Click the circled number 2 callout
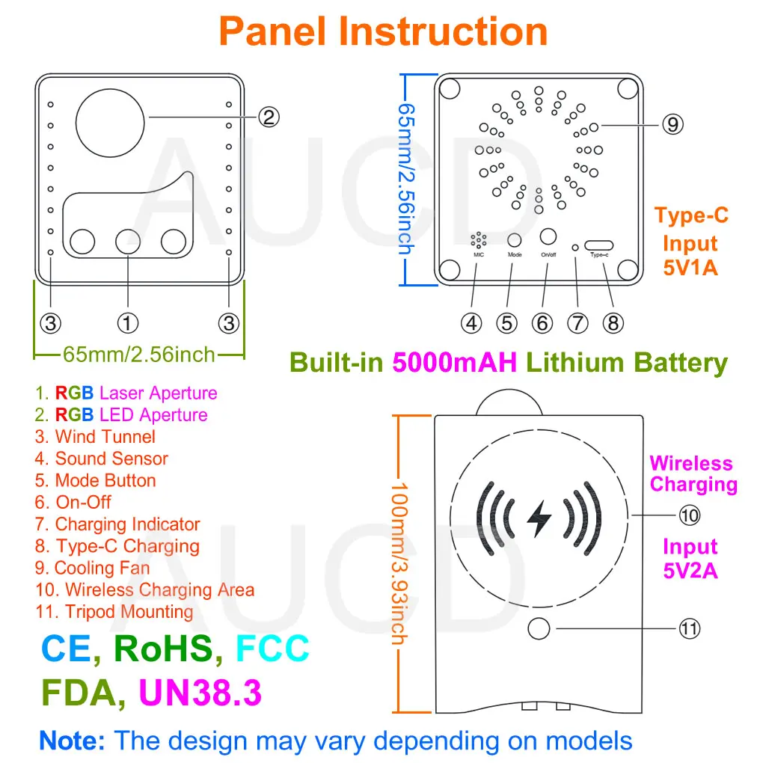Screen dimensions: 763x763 pyautogui.click(x=269, y=117)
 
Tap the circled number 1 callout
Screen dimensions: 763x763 pyautogui.click(x=127, y=323)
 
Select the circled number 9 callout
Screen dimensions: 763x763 pyautogui.click(x=672, y=125)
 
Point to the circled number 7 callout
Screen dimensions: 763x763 pyautogui.click(x=577, y=323)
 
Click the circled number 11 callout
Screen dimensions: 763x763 pyautogui.click(x=690, y=628)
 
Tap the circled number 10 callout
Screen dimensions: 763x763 pyautogui.click(x=690, y=515)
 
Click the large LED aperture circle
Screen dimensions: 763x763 pyautogui.click(x=110, y=123)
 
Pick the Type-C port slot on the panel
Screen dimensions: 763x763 pyautogui.click(x=598, y=245)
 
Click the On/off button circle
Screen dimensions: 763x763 pyautogui.click(x=548, y=236)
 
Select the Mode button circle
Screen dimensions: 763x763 pyautogui.click(x=515, y=240)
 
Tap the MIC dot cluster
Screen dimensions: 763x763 pyautogui.click(x=478, y=239)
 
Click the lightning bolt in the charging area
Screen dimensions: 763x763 pyautogui.click(x=539, y=518)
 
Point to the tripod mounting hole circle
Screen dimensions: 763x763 pyautogui.click(x=539, y=628)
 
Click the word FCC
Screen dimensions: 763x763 pyautogui.click(x=272, y=648)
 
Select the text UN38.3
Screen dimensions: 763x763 pyautogui.click(x=200, y=693)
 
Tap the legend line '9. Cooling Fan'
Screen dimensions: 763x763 pyautogui.click(x=93, y=568)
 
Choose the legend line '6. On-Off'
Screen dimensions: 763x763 pyautogui.click(x=73, y=502)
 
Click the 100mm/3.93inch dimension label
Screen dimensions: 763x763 pyautogui.click(x=399, y=563)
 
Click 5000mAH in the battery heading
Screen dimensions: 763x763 pyautogui.click(x=455, y=363)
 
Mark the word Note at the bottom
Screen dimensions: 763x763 pyautogui.click(x=72, y=741)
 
